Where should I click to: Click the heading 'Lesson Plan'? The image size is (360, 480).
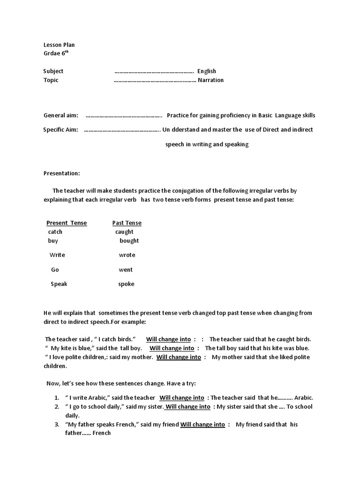tap(59, 45)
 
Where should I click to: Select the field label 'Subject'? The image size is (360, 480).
tap(53, 71)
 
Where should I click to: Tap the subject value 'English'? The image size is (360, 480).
tap(207, 71)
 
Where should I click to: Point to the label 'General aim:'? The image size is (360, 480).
tap(61, 115)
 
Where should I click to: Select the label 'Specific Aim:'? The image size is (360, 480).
tap(61, 129)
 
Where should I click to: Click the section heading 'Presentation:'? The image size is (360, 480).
tap(62, 173)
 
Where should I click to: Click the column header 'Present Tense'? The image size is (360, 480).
tap(67, 223)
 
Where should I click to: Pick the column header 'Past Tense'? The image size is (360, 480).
tap(127, 223)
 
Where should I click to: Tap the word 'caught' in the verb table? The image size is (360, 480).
tap(124, 232)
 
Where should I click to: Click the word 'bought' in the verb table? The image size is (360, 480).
tap(129, 240)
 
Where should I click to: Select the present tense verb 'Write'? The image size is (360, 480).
tap(57, 255)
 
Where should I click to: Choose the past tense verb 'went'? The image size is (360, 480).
tap(126, 270)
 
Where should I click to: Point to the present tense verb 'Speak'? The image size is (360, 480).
tap(59, 284)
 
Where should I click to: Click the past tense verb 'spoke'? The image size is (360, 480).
tap(126, 284)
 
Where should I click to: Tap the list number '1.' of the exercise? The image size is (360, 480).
tap(56, 397)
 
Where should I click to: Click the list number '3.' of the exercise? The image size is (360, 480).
tap(56, 424)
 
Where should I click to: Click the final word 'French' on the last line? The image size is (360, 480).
tap(102, 433)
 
